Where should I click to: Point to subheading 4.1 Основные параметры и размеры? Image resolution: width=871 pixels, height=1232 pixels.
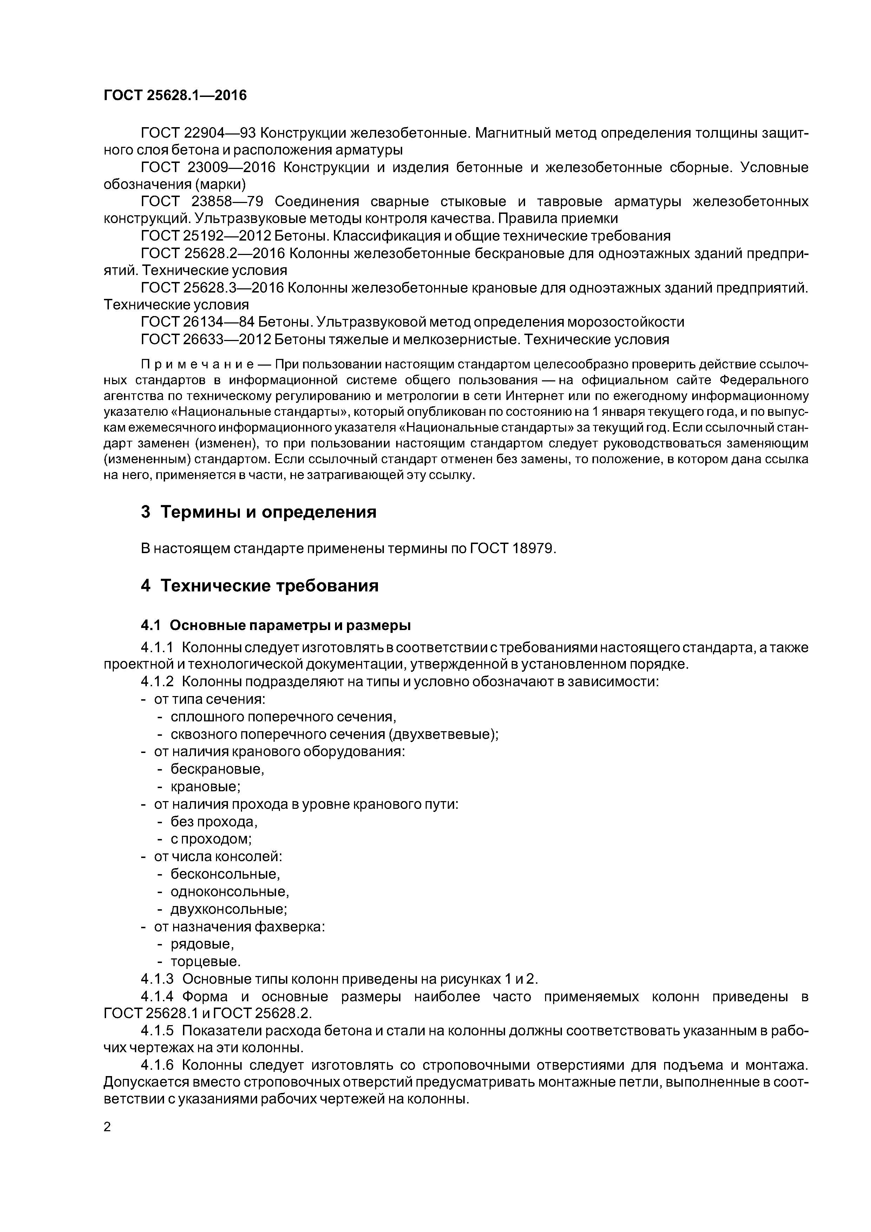click(276, 626)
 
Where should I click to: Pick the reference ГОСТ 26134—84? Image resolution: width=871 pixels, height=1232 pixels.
click(196, 322)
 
